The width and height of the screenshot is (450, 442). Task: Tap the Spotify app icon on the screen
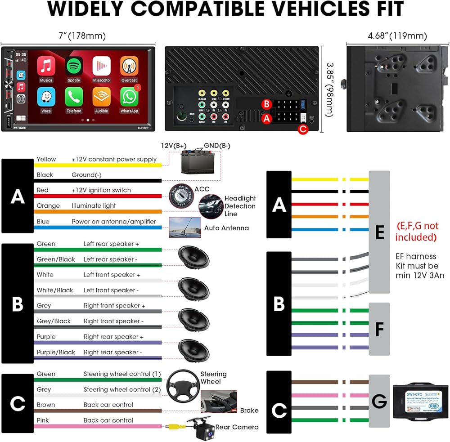(74, 67)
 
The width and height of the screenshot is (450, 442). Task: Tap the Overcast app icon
(129, 67)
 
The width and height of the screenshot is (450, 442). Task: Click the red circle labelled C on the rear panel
(303, 129)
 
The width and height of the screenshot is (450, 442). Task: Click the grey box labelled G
(379, 401)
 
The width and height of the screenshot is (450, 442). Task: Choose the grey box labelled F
(379, 329)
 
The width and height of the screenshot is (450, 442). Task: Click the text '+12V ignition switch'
(101, 190)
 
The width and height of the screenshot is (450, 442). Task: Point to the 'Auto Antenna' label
(226, 228)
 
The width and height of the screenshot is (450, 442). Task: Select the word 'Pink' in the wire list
(43, 420)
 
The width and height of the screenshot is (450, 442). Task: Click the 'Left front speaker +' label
(112, 275)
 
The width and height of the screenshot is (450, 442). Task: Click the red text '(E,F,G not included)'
(417, 231)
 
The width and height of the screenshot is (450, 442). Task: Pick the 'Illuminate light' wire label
(94, 206)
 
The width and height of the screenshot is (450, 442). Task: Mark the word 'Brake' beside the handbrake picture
(249, 410)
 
